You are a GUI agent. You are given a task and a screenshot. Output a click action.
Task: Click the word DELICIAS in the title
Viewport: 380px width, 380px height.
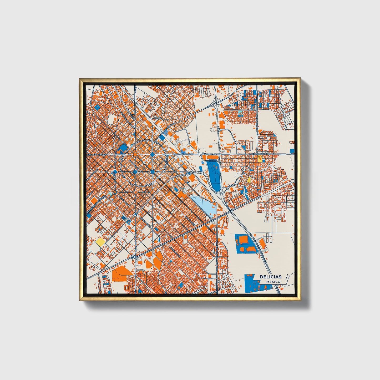pyautogui.click(x=270, y=277)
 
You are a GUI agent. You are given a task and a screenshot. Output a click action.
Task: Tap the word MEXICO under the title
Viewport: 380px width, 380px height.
pyautogui.click(x=273, y=282)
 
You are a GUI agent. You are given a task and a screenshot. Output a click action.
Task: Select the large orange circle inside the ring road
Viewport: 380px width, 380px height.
pyautogui.click(x=135, y=154)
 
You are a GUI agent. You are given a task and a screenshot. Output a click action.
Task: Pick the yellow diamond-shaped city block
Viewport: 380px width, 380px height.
pyautogui.click(x=100, y=242)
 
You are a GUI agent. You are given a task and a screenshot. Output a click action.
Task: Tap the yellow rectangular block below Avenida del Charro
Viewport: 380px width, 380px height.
pyautogui.click(x=260, y=158)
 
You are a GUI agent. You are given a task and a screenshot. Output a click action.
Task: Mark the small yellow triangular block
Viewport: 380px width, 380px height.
pyautogui.click(x=249, y=180)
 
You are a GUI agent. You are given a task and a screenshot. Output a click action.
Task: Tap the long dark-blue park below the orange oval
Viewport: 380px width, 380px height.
pyautogui.click(x=214, y=174)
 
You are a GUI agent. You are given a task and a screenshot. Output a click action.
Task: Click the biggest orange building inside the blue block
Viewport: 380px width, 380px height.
pyautogui.click(x=243, y=240)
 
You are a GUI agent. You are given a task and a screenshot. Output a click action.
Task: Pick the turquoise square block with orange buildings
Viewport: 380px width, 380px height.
pyautogui.click(x=240, y=114)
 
